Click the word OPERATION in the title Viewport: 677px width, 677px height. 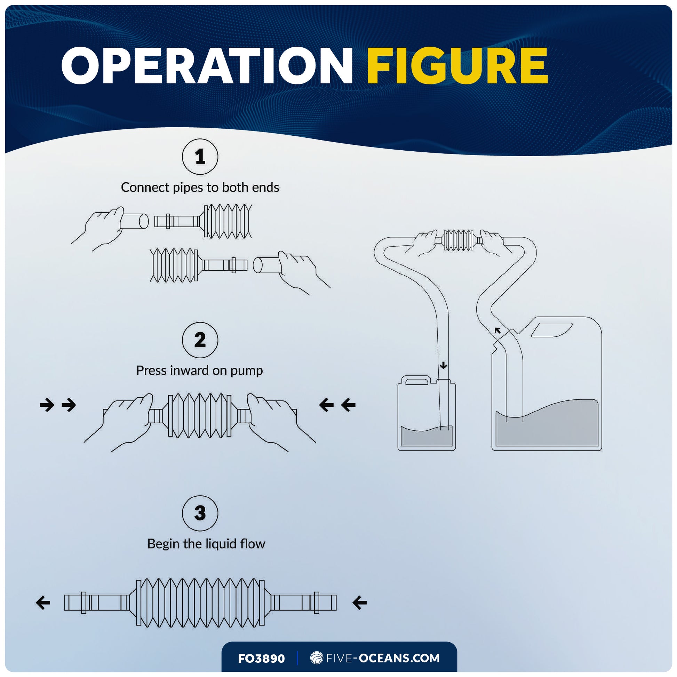207,65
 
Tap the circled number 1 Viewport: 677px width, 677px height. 200,157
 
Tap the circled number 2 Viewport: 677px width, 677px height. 200,340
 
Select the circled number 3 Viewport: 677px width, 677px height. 200,513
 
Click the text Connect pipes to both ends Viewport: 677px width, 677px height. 200,188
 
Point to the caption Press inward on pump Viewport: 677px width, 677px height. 199,371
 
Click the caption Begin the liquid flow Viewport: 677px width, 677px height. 206,544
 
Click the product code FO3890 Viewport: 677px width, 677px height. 261,659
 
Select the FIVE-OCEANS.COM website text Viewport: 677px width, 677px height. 383,658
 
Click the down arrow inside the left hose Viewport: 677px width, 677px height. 444,366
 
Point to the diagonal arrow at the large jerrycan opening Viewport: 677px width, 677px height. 497,330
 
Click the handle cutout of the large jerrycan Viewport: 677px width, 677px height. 551,330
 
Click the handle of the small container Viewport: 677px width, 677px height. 416,381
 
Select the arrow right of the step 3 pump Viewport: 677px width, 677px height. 359,603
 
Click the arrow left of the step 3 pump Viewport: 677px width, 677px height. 43,603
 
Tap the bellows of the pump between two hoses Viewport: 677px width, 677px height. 458,240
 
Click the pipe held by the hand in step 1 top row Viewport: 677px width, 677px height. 135,221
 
